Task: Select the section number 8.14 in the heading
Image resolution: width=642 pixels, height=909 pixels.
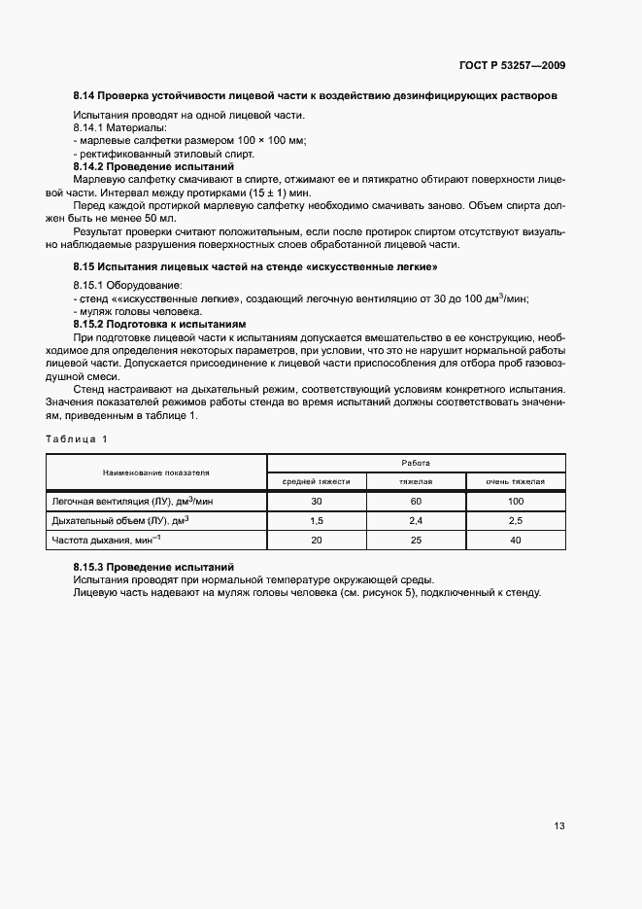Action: coord(84,96)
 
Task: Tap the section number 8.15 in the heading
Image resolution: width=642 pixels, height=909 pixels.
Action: coord(84,266)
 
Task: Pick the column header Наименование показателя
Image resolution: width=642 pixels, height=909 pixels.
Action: coord(156,472)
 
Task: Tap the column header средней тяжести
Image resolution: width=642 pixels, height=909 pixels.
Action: coord(316,481)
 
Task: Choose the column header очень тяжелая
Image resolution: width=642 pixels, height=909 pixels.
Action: coord(515,481)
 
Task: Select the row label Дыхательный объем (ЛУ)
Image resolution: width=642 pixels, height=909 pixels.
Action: coord(118,520)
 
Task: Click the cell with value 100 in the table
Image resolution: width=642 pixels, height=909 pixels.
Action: coord(515,501)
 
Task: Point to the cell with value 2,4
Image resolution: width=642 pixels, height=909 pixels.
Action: coord(416,520)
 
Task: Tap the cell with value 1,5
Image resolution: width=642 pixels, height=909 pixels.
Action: coord(316,520)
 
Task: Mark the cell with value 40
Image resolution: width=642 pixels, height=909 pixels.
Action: coord(515,540)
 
